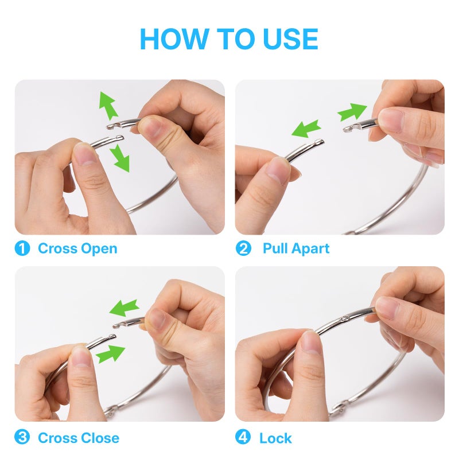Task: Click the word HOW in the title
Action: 175,38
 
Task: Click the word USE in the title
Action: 290,38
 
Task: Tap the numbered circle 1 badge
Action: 22,248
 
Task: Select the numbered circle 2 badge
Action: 243,248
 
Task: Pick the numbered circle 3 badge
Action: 22,437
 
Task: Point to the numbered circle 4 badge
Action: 243,437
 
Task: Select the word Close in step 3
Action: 100,438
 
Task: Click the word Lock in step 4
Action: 275,438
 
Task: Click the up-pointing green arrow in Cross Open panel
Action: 108,106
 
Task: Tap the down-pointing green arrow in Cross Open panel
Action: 120,158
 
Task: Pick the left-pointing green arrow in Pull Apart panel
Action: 306,129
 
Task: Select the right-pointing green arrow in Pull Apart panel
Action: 352,111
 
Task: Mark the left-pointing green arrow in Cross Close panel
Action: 124,308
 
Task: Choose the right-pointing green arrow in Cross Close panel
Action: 110,354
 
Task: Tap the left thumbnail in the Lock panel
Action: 311,342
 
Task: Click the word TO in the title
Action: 236,38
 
